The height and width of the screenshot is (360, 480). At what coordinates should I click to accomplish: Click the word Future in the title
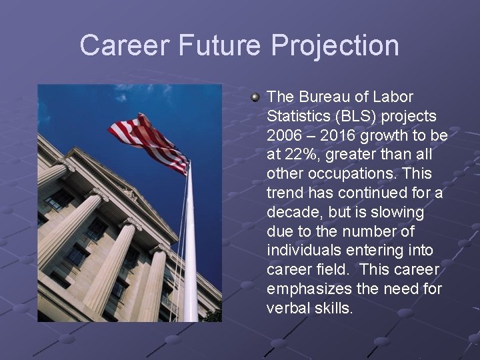pyautogui.click(x=223, y=45)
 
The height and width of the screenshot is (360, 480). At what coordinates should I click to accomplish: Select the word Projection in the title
pyautogui.click(x=335, y=45)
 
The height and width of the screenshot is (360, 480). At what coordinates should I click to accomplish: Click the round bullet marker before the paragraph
pyautogui.click(x=255, y=98)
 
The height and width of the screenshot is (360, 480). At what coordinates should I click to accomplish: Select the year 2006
pyautogui.click(x=285, y=136)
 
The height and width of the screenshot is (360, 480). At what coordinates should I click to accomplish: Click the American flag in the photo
pyautogui.click(x=150, y=142)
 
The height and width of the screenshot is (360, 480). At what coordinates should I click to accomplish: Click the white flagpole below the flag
pyautogui.click(x=190, y=253)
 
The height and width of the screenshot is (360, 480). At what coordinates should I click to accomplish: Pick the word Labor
pyautogui.click(x=395, y=97)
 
